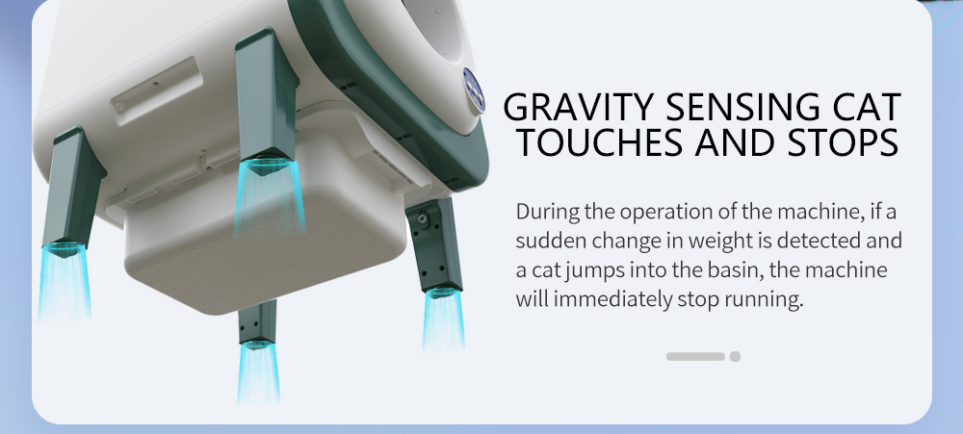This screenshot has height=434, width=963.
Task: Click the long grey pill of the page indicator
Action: pos(695,357)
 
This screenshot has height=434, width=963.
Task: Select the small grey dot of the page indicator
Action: pos(735,357)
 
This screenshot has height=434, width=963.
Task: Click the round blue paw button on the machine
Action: pos(474,90)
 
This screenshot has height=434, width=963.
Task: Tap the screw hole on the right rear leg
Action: pos(423,218)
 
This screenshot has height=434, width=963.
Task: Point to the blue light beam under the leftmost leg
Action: pos(65,282)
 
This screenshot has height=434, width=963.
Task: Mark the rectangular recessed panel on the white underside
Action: pos(157,91)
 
